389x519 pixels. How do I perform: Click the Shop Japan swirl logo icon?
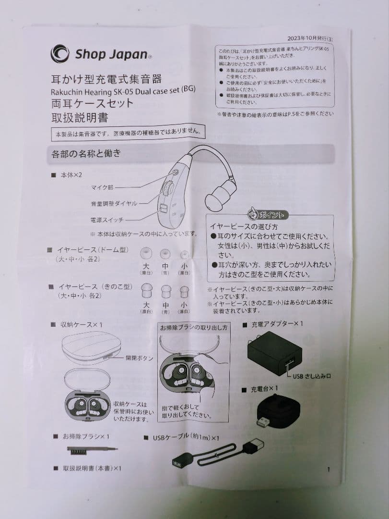pyautogui.click(x=59, y=53)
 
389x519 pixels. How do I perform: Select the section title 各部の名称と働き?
pyautogui.click(x=86, y=154)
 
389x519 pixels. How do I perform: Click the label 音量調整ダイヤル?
pyautogui.click(x=114, y=203)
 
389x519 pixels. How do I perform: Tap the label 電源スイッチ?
pyautogui.click(x=107, y=220)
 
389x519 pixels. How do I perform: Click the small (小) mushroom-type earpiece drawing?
pyautogui.click(x=183, y=291)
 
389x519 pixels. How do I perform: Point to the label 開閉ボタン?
pyautogui.click(x=140, y=358)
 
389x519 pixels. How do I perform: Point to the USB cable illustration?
pyautogui.click(x=218, y=454)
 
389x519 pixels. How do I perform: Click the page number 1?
pyautogui.click(x=328, y=470)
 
